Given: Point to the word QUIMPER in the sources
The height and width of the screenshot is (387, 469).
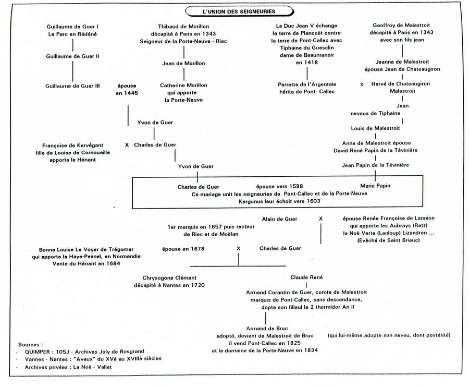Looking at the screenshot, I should (38, 351).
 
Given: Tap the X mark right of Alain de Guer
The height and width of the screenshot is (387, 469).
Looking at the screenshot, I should (320, 218).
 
